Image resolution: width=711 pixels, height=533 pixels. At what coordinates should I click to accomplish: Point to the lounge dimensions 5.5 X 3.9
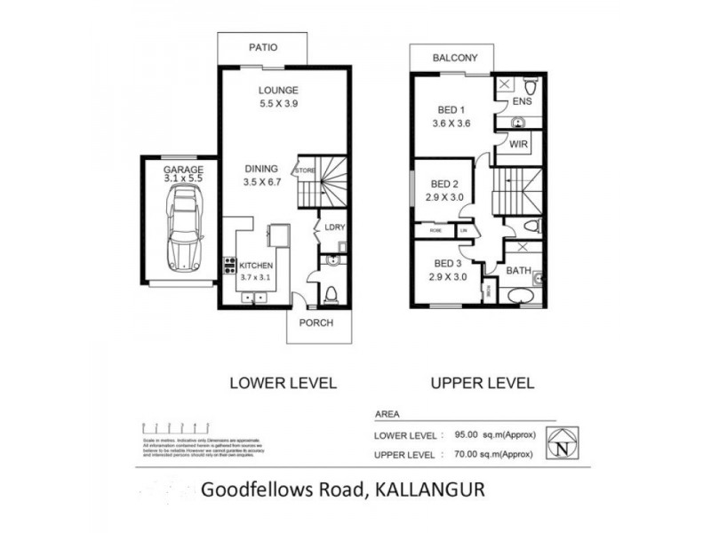pos(277,103)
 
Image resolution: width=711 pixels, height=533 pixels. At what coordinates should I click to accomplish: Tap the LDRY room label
pos(334,227)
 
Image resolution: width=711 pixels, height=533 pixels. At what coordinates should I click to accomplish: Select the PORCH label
pos(317,322)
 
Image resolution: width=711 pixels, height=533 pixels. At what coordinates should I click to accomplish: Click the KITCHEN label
pos(255,266)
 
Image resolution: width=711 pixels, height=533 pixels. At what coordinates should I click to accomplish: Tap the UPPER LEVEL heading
pos(483,384)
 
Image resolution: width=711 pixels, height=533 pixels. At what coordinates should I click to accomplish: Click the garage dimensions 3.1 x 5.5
pos(184,179)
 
